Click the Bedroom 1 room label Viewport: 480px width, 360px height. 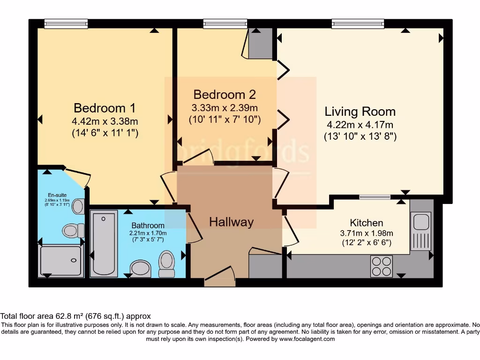pos(105,108)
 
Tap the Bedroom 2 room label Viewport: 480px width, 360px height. pos(225,95)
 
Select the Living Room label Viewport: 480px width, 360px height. pos(360,112)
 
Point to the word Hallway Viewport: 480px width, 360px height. pos(231,222)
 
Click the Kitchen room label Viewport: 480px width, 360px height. pos(367,223)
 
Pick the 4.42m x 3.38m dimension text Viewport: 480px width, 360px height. pos(105,121)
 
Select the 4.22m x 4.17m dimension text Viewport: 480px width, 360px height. pos(360,125)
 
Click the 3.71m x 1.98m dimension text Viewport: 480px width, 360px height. pos(367,233)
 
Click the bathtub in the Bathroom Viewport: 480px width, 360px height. pos(104,243)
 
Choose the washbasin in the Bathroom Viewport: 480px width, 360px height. pos(140,269)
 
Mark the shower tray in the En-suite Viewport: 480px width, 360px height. pos(61,261)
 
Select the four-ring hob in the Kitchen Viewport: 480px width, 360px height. pos(381,266)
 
